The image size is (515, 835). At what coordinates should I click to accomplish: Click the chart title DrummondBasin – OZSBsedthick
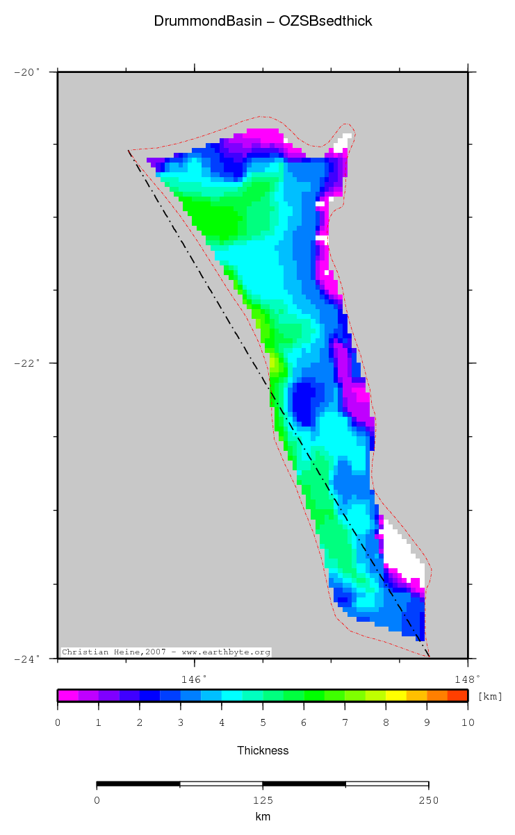tap(263, 22)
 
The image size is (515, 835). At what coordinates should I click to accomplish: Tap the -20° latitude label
tap(28, 72)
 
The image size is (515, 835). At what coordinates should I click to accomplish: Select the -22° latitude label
tap(28, 363)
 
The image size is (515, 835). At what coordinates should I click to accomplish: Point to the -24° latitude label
tap(28, 658)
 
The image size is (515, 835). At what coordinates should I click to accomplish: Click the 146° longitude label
tap(194, 679)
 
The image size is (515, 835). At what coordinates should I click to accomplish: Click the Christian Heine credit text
tap(165, 652)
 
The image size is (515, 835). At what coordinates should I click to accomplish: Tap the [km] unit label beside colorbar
tap(489, 697)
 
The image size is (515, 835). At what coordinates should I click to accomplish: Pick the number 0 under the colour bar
tap(58, 723)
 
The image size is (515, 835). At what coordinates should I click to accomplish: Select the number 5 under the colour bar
tap(263, 723)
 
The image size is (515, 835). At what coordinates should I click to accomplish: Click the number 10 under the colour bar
tap(468, 723)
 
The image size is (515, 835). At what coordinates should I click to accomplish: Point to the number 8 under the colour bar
tap(386, 723)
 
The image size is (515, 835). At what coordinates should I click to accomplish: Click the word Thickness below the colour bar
tap(263, 750)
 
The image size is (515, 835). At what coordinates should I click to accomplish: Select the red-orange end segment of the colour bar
tap(457, 695)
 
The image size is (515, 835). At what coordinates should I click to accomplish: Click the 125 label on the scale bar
tap(263, 800)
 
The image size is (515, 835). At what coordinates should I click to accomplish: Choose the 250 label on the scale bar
tap(428, 800)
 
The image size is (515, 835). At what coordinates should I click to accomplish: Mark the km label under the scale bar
tap(263, 817)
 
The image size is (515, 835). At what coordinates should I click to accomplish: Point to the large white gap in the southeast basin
tap(400, 552)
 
